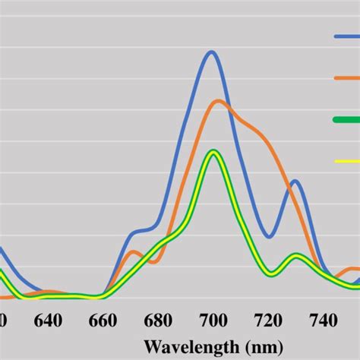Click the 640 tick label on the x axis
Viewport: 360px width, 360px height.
point(48,320)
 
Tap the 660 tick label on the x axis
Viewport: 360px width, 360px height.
point(103,320)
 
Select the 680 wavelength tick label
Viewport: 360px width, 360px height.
point(157,320)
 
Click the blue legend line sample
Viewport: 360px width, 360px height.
point(346,36)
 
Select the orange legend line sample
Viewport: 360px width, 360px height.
point(346,77)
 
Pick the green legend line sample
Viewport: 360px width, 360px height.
point(346,119)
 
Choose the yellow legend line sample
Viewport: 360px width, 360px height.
point(346,160)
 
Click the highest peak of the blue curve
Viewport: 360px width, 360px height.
point(211,52)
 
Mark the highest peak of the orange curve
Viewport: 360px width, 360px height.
point(219,101)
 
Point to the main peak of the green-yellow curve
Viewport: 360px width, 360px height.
point(214,152)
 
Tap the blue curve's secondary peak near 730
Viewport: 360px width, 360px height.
point(295,181)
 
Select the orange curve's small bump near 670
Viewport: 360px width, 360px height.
point(133,251)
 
